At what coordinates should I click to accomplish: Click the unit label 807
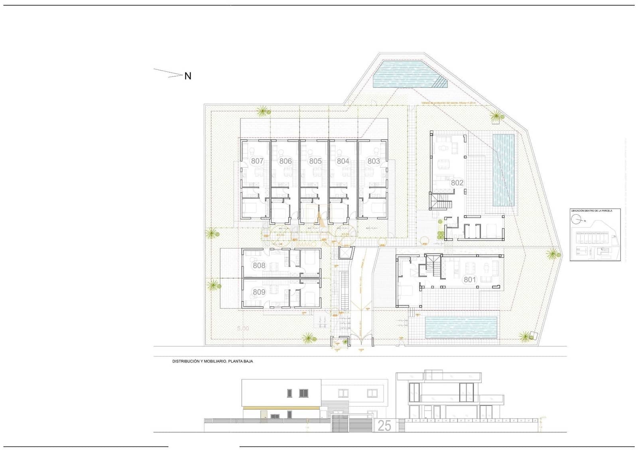pyautogui.click(x=257, y=161)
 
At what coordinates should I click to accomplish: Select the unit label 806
pyautogui.click(x=286, y=161)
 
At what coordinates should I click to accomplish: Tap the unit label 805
pyautogui.click(x=315, y=161)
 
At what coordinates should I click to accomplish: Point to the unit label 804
pyautogui.click(x=343, y=161)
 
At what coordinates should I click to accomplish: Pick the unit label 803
pyautogui.click(x=374, y=161)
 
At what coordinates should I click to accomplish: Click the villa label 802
pyautogui.click(x=457, y=183)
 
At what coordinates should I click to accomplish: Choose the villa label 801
pyautogui.click(x=470, y=280)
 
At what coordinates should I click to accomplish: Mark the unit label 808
pyautogui.click(x=259, y=265)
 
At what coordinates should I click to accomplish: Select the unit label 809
pyautogui.click(x=259, y=292)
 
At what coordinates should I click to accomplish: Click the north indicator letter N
pyautogui.click(x=188, y=76)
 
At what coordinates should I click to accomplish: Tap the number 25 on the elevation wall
pyautogui.click(x=384, y=425)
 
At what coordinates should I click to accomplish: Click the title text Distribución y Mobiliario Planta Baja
pyautogui.click(x=213, y=361)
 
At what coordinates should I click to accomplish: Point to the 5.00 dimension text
pyautogui.click(x=243, y=329)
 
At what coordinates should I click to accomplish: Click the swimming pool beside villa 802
pyautogui.click(x=503, y=170)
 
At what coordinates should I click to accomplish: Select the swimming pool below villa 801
pyautogui.click(x=461, y=327)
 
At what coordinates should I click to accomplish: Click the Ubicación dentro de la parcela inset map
pyautogui.click(x=595, y=235)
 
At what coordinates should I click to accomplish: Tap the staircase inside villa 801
pyautogui.click(x=434, y=266)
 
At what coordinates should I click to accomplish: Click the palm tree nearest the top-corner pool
pyautogui.click(x=496, y=117)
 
